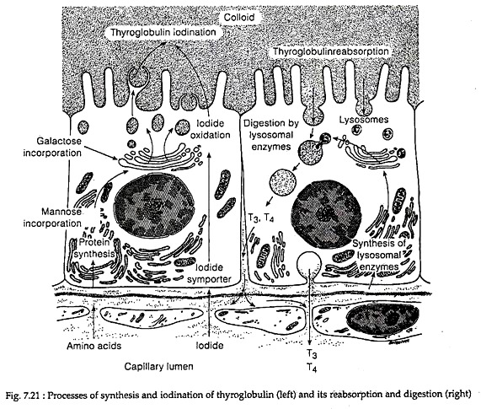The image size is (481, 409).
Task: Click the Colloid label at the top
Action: point(239,17)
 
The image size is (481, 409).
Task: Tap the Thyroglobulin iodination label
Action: point(163,32)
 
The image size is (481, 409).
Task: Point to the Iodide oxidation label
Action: point(210,129)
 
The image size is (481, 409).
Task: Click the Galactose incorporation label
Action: point(52,147)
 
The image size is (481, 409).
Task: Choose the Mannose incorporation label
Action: point(52,218)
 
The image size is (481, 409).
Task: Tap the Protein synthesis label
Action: point(94,248)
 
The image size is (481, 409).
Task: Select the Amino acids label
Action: point(94,346)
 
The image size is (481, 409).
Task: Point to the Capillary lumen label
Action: point(158,367)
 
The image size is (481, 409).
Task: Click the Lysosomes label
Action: point(364,120)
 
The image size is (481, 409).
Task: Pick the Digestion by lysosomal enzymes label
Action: point(271,135)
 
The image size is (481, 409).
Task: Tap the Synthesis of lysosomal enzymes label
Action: point(379,256)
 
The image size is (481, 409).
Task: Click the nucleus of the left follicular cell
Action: point(155,205)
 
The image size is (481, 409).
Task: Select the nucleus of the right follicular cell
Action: point(325,214)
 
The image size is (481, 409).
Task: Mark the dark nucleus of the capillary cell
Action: point(382,320)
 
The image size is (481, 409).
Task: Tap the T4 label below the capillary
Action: point(312,368)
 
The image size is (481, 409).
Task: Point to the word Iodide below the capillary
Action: point(210,346)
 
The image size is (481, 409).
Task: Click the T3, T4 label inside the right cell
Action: point(261,218)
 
